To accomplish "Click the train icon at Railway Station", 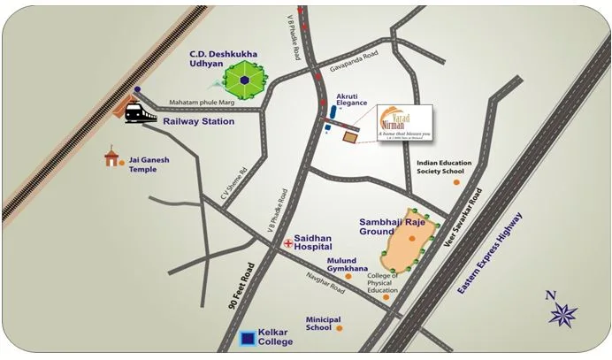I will point(141,112).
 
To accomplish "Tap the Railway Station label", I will point(199,120).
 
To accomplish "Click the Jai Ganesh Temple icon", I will point(111,158).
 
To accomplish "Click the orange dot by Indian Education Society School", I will point(456,182).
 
